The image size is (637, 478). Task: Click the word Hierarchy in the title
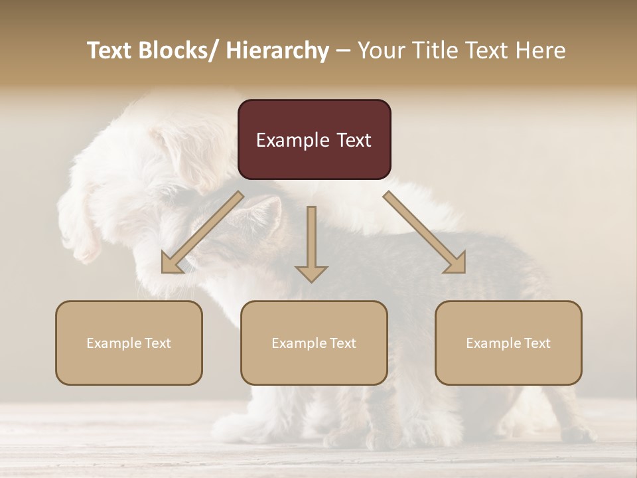(277, 50)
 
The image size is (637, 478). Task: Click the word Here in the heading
(541, 50)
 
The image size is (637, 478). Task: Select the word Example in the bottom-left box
(114, 343)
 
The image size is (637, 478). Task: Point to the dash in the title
(342, 50)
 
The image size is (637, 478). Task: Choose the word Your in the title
(381, 50)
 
